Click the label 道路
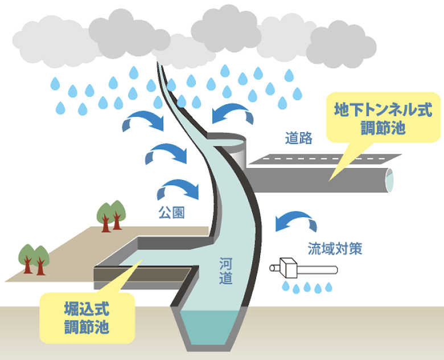[x=298, y=138]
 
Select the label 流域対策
[x=335, y=248]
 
